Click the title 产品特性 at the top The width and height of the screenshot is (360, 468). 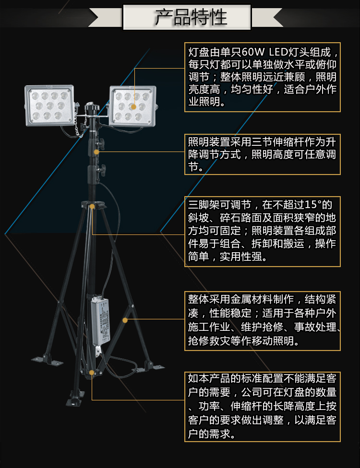pos(191,17)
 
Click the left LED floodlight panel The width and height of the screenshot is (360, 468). pos(49,105)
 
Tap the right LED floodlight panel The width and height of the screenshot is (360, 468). pos(132,106)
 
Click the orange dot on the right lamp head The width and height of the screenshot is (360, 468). pos(133,107)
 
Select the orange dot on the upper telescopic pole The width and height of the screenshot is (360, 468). pos(96,152)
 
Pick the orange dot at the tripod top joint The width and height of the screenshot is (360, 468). pos(92,207)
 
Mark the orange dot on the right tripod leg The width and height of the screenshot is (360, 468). pos(125,320)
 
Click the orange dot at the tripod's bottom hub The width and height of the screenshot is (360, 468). pos(92,373)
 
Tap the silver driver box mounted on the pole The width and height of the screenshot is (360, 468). pos(101,320)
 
